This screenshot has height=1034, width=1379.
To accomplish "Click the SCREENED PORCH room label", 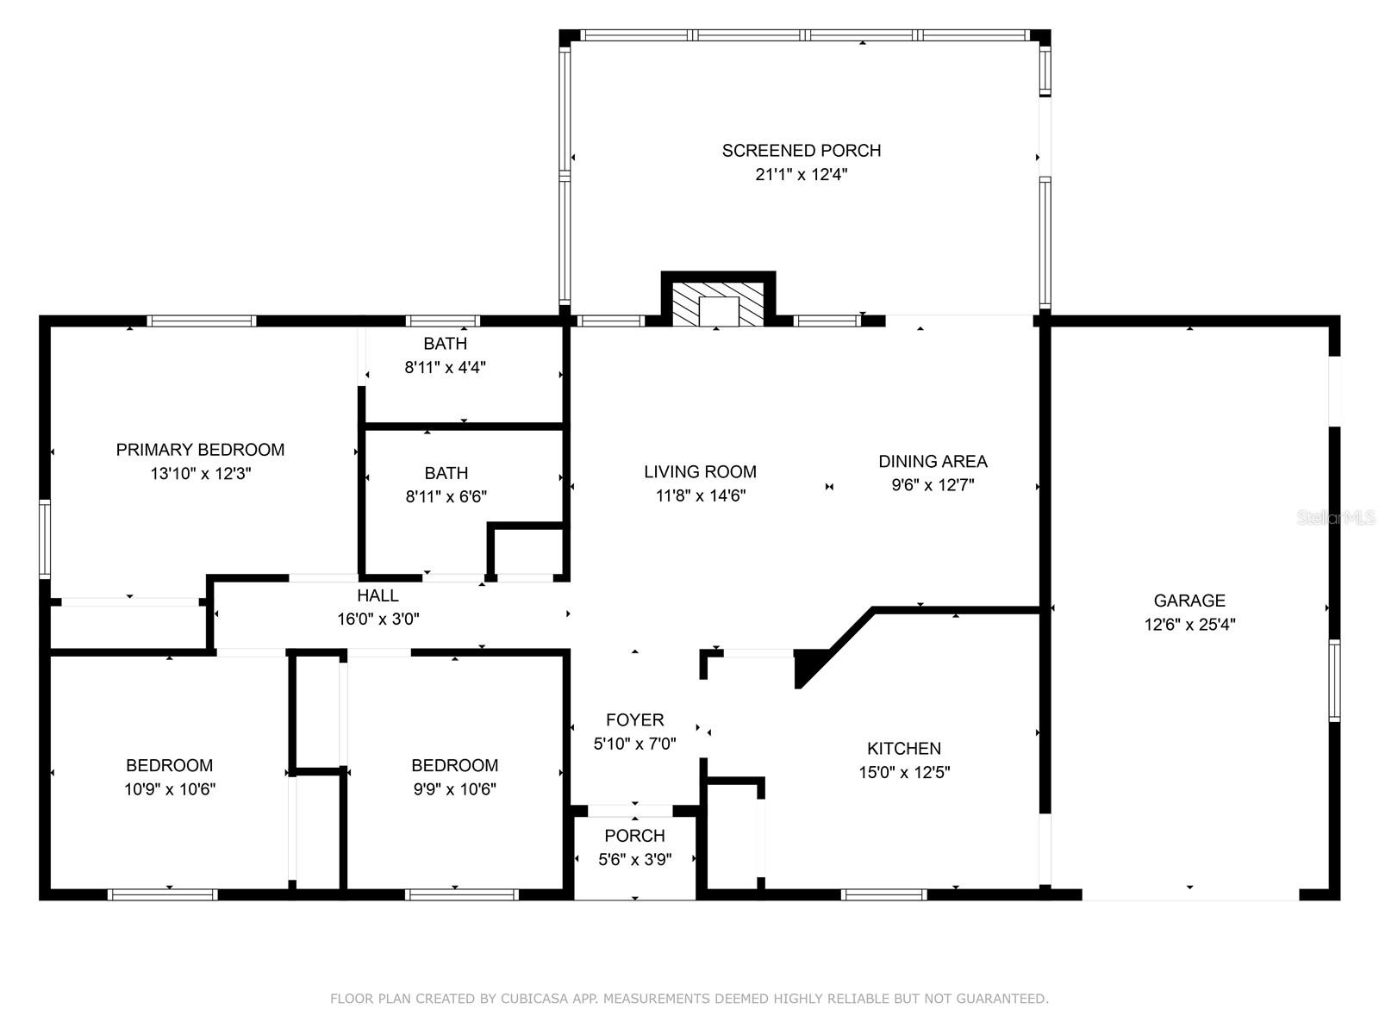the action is tap(801, 151).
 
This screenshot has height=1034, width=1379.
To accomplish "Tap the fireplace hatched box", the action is tap(718, 304).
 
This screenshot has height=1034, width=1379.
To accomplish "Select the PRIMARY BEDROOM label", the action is tap(201, 450).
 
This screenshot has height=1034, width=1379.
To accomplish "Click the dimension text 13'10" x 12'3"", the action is tap(201, 473).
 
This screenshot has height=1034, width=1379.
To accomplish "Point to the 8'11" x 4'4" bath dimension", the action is tap(446, 367).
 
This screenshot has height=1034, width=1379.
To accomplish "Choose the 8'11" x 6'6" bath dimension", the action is tap(446, 496).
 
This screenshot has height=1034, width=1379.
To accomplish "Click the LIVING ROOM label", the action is tap(701, 471).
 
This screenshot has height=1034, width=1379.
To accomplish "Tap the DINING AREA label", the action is tap(933, 462).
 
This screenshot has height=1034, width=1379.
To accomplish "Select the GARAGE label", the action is tap(1189, 601).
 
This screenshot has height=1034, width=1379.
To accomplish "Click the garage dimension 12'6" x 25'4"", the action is tap(1190, 625).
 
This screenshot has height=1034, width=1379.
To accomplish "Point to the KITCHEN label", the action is tap(904, 748).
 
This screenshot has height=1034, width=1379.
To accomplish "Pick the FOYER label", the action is tap(634, 719).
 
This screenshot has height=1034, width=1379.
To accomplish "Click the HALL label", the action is tap(378, 595).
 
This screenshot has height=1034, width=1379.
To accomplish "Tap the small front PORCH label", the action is tap(634, 836).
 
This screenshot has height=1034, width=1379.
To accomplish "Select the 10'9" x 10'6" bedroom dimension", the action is tap(170, 789).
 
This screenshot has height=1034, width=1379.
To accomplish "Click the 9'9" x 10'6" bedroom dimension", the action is tap(455, 789).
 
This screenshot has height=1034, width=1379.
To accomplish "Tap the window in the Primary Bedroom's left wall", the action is tap(45, 539).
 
